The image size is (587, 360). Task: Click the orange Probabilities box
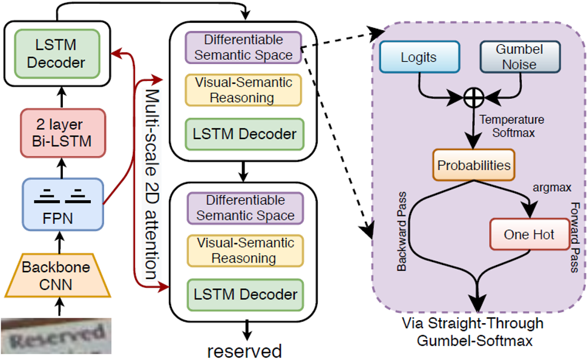473,165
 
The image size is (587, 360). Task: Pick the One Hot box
528,234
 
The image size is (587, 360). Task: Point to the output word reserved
244,350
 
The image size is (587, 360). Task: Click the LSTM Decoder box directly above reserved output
245,295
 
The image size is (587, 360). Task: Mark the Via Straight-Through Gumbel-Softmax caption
473,332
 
